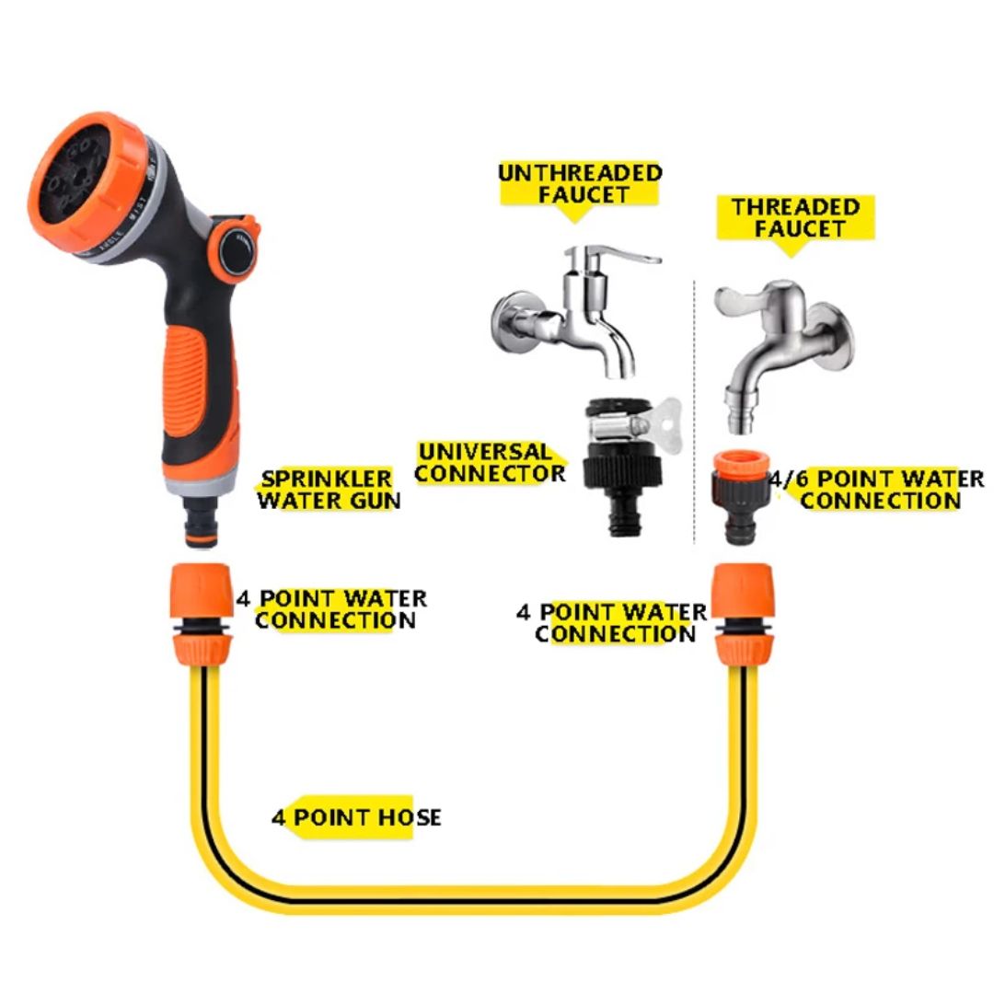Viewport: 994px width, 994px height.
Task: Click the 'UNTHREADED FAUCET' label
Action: tap(580, 183)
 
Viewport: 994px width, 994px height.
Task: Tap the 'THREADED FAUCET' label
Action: tap(795, 218)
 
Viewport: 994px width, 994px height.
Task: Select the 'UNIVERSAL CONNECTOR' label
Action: tap(489, 463)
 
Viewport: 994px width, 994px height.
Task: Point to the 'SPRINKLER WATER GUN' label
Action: tap(328, 490)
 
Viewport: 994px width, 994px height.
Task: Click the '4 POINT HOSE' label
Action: tap(356, 817)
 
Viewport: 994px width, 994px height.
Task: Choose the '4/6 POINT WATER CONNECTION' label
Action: tap(880, 490)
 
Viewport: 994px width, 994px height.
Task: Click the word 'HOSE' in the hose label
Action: tap(409, 817)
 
